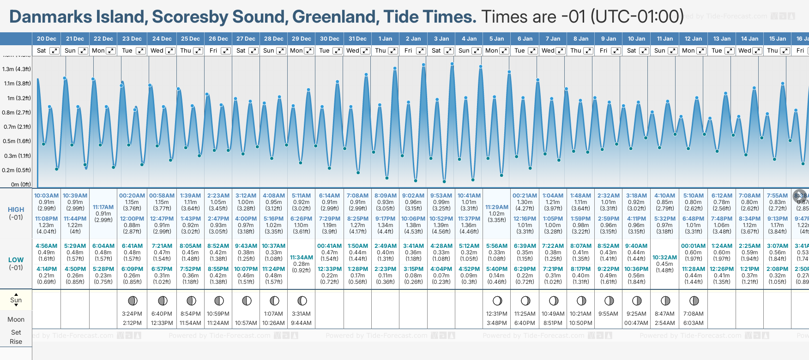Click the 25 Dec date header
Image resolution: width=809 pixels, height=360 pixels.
click(x=190, y=39)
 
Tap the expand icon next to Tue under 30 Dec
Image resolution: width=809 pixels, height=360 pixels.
click(x=338, y=51)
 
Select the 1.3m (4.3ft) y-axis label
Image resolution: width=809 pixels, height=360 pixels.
click(x=17, y=69)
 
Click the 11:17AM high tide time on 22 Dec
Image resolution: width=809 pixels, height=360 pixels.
click(x=103, y=207)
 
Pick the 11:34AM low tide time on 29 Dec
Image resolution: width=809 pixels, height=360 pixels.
click(x=302, y=258)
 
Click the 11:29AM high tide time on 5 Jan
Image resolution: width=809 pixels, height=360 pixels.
click(x=497, y=207)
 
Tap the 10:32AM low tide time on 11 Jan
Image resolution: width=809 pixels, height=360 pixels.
click(x=664, y=258)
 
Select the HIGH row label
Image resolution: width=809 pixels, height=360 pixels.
click(x=16, y=210)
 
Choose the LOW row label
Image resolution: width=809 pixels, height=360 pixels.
click(x=16, y=260)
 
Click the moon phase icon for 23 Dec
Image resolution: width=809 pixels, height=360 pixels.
click(x=133, y=301)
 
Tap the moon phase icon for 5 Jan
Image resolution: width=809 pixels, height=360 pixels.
click(x=497, y=301)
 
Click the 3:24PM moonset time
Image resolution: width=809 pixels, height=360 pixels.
click(x=132, y=314)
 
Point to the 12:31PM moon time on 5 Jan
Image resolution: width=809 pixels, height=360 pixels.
click(x=497, y=314)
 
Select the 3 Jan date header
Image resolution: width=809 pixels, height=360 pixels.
click(x=441, y=39)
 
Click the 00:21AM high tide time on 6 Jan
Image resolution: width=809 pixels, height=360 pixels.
click(x=525, y=196)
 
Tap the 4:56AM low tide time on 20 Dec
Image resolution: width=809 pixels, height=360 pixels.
click(x=47, y=246)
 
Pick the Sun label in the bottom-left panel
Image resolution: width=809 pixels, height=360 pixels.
click(x=16, y=300)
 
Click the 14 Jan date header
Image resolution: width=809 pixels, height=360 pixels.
click(x=749, y=39)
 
